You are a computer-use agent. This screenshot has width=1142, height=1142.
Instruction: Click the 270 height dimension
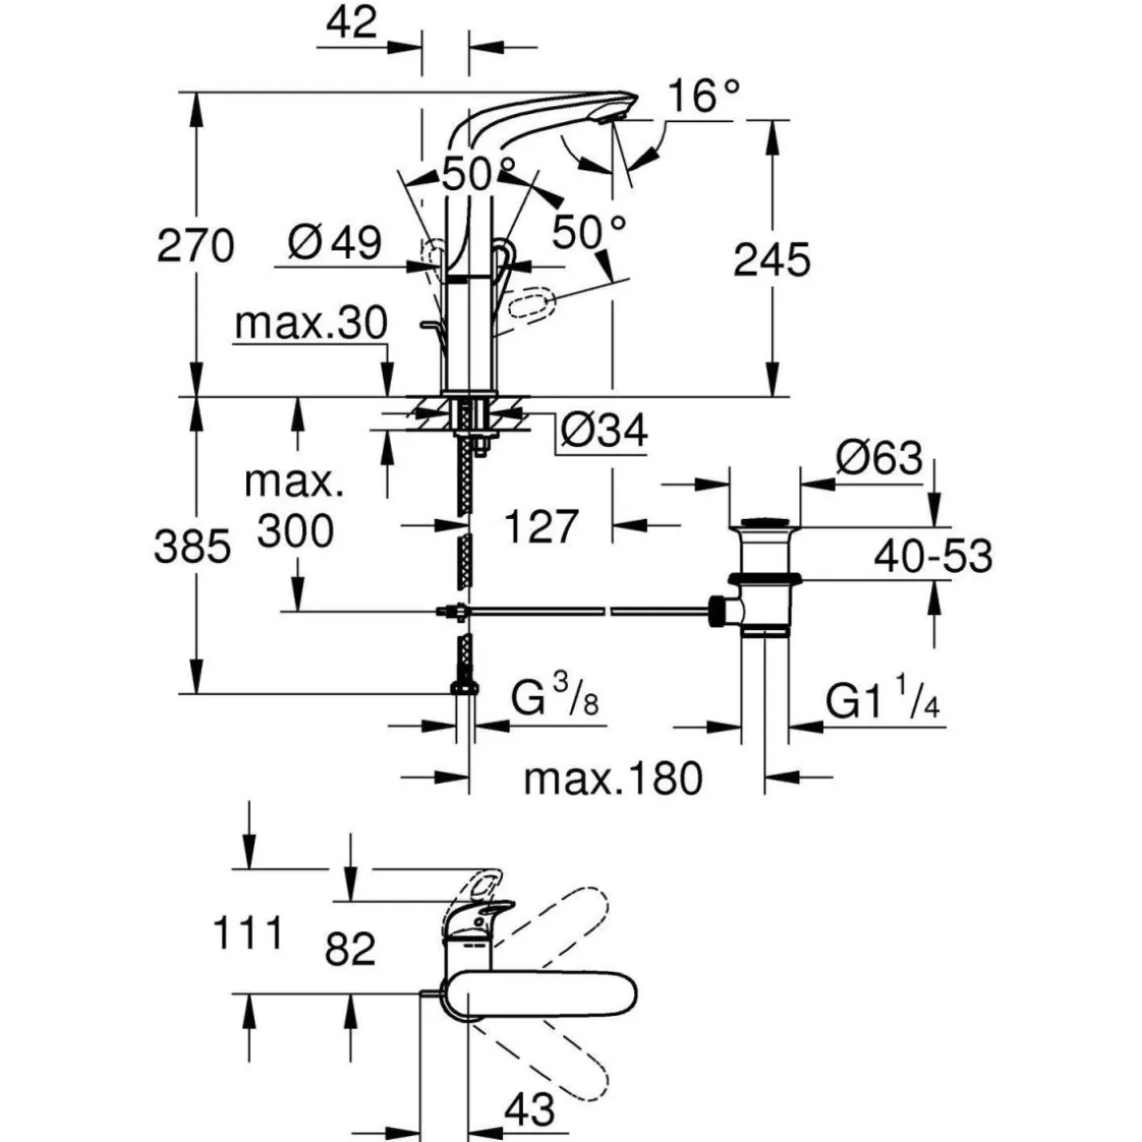(x=195, y=245)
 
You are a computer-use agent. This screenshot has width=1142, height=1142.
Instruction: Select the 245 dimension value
(x=772, y=260)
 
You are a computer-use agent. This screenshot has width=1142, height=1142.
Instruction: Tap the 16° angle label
(x=703, y=95)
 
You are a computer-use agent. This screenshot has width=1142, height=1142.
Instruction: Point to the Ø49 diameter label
(x=336, y=242)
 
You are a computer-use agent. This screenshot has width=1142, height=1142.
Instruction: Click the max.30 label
(x=311, y=323)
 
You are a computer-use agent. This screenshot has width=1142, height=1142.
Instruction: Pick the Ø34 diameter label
(x=603, y=430)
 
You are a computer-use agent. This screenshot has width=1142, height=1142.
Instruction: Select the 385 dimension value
(x=192, y=546)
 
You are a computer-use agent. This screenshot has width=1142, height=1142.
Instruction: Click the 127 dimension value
(x=540, y=526)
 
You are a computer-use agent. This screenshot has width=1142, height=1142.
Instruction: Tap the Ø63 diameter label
(x=879, y=458)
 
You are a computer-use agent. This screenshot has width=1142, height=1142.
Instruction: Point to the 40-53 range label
(x=933, y=556)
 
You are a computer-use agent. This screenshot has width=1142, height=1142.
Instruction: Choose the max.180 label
(x=613, y=779)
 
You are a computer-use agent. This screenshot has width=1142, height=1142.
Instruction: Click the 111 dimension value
(x=248, y=931)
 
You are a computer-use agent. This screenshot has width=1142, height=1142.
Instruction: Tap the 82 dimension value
(x=350, y=949)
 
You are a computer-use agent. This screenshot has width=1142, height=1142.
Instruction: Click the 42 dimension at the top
(x=350, y=22)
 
